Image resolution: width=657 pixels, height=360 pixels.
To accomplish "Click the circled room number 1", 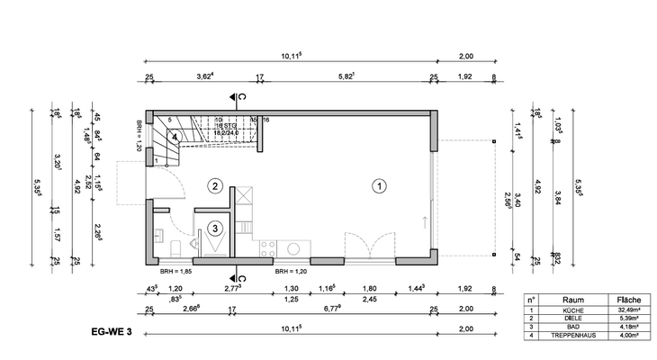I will (x=379, y=186).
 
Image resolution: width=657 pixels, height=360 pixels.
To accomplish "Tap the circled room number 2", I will (x=214, y=186).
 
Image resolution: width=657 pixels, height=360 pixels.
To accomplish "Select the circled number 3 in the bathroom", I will (x=215, y=229).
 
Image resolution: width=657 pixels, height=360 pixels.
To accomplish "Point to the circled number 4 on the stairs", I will (x=177, y=137).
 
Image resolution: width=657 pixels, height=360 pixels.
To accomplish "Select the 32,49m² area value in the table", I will (x=627, y=309).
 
